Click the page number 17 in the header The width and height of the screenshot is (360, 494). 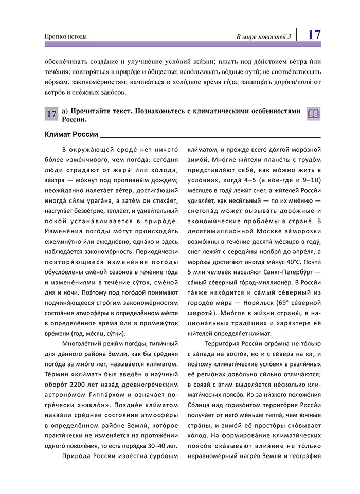[315, 34]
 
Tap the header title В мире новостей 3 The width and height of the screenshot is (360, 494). [263, 36]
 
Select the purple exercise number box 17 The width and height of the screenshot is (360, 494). [52, 115]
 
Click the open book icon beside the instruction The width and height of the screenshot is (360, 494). [313, 114]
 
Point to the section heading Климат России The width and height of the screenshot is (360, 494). [71, 135]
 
